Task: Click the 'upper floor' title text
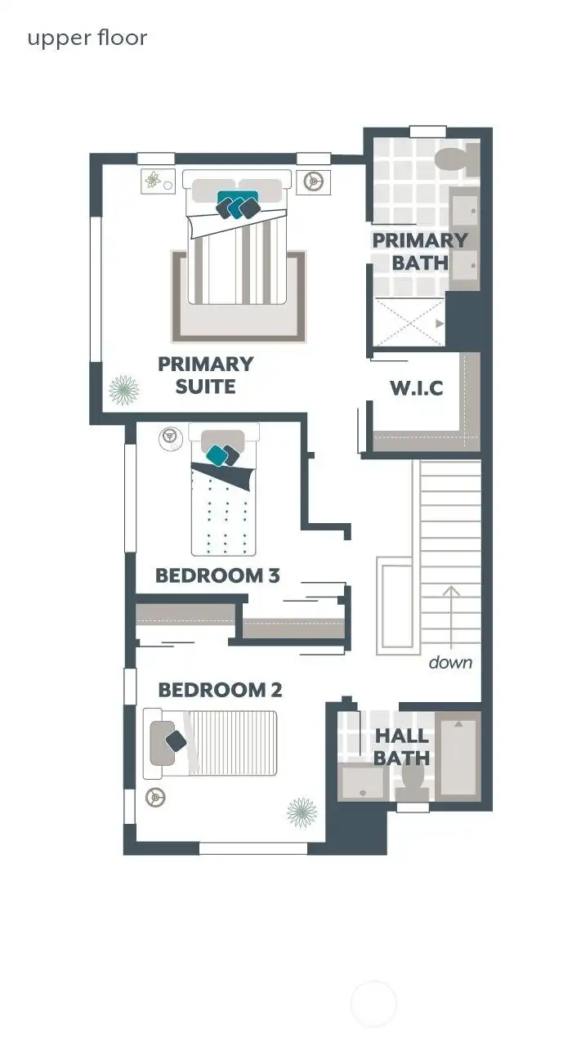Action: click(x=87, y=38)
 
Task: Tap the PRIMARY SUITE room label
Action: click(x=205, y=374)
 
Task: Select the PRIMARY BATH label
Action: click(x=420, y=251)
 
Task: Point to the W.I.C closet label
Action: click(x=416, y=388)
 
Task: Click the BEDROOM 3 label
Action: click(x=217, y=575)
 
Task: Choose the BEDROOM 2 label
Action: click(x=220, y=690)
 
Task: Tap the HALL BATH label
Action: click(x=402, y=747)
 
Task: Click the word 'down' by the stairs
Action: click(x=450, y=662)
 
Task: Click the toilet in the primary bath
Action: click(x=453, y=160)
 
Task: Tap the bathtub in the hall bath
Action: click(x=458, y=756)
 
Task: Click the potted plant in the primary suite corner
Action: click(x=123, y=390)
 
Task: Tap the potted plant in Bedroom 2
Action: click(x=302, y=812)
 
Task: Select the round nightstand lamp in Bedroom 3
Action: click(x=170, y=436)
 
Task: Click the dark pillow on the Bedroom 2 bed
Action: click(x=177, y=741)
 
